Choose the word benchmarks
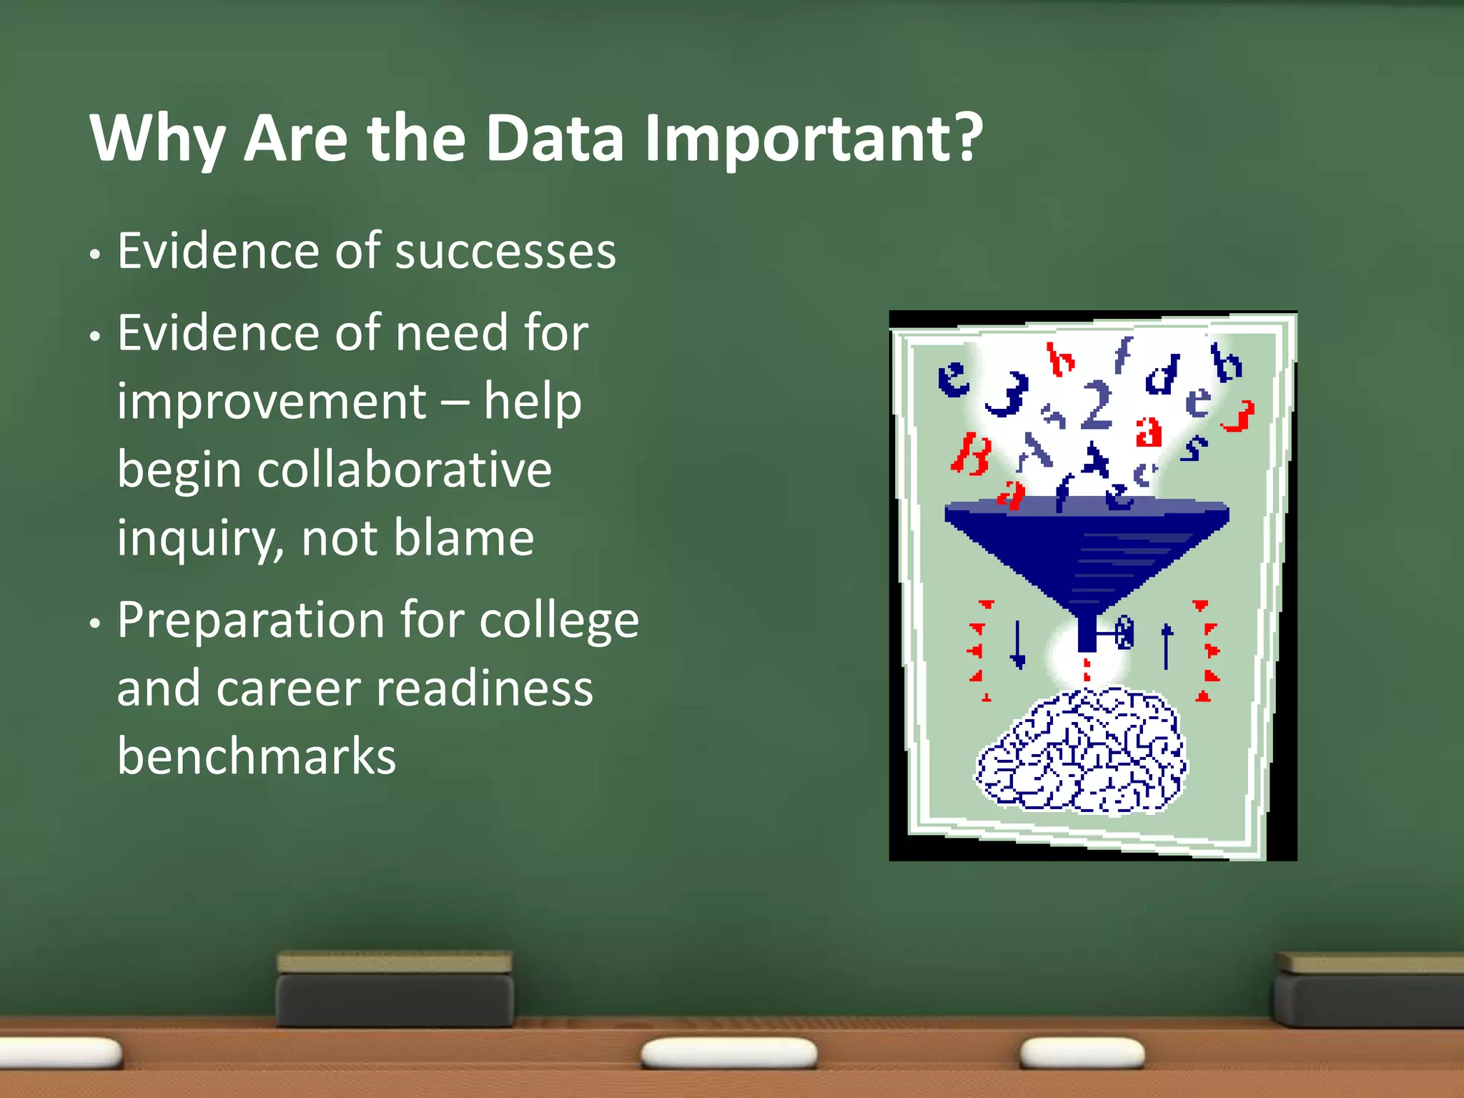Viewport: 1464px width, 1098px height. [x=257, y=756]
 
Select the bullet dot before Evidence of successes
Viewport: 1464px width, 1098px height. [x=95, y=255]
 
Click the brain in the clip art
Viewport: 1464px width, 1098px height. [x=1082, y=752]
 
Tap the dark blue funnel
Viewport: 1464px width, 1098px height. [x=1087, y=550]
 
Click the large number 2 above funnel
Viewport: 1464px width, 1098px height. [x=1097, y=405]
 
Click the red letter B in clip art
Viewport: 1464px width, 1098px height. [x=971, y=455]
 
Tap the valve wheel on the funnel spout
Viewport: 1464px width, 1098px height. [x=1124, y=632]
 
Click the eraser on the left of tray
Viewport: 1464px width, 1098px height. [x=395, y=989]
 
